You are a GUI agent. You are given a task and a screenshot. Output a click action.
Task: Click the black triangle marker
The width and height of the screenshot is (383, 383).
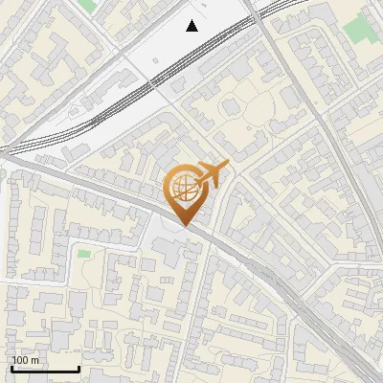click(192, 26)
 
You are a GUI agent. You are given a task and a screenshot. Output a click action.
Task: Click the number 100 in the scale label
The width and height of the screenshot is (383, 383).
click(21, 360)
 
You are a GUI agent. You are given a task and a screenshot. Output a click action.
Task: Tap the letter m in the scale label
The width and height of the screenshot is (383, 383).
click(35, 360)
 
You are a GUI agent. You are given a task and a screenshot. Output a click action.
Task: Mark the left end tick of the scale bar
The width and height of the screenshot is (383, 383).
click(11, 367)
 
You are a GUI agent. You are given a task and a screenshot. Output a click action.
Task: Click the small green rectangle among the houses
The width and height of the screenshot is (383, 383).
click(83, 254)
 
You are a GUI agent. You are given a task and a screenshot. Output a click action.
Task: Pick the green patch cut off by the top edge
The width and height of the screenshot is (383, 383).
click(87, 4)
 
